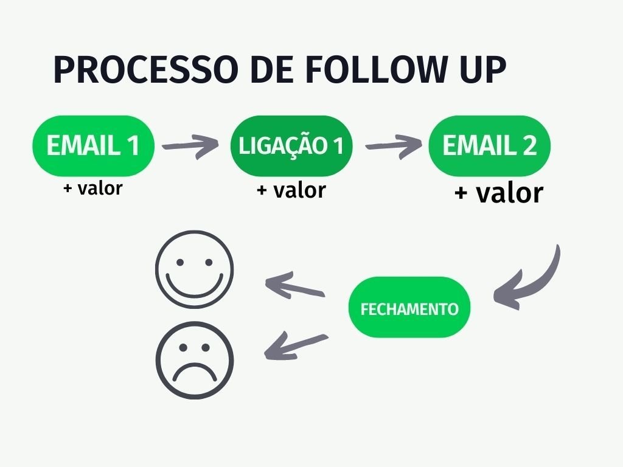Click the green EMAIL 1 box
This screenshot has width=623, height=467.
pyautogui.click(x=93, y=146)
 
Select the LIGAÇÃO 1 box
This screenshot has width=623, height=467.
pyautogui.click(x=291, y=146)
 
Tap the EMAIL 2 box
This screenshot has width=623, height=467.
pyautogui.click(x=490, y=146)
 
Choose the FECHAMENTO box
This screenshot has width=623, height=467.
pyautogui.click(x=409, y=308)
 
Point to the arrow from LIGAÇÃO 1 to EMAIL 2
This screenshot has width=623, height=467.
pyautogui.click(x=393, y=147)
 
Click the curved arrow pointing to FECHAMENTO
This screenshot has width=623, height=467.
pyautogui.click(x=535, y=280)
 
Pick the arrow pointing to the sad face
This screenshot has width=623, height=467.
pyautogui.click(x=296, y=345)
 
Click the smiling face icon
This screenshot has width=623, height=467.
pyautogui.click(x=194, y=269)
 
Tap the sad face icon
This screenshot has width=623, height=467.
pyautogui.click(x=194, y=359)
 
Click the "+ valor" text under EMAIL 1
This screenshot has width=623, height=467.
pyautogui.click(x=92, y=188)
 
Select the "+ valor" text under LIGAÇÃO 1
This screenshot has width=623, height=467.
pyautogui.click(x=291, y=190)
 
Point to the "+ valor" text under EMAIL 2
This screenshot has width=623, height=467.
pyautogui.click(x=498, y=193)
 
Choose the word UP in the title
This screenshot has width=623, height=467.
pyautogui.click(x=481, y=70)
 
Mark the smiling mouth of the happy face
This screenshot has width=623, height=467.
pyautogui.click(x=194, y=285)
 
